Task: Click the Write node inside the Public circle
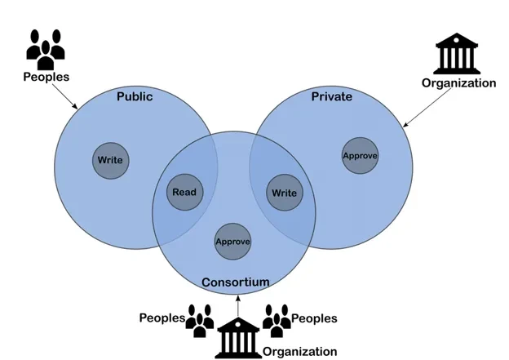[x=110, y=160]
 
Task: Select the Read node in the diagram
[x=184, y=193]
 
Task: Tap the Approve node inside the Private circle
[x=360, y=155]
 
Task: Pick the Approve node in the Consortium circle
[x=232, y=242]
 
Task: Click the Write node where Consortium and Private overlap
[x=284, y=193]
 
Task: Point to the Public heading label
[x=135, y=97]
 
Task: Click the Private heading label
[x=332, y=97]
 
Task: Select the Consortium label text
[x=235, y=282]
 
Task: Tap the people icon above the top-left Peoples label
[x=46, y=49]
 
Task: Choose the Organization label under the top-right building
[x=458, y=82]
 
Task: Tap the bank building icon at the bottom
[x=237, y=337]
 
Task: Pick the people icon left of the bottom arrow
[x=200, y=320]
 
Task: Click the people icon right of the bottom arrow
[x=277, y=320]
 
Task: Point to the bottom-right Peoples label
[x=314, y=318]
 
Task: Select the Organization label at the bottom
[x=299, y=352]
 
